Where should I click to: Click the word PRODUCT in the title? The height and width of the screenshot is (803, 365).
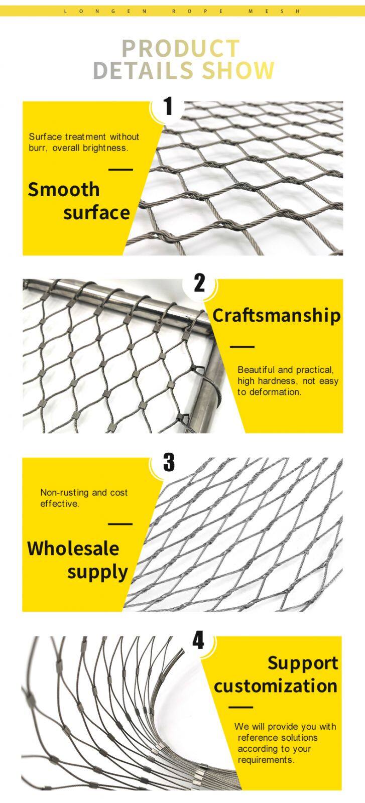pos(181,49)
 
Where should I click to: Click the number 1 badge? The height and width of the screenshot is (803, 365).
pos(168,106)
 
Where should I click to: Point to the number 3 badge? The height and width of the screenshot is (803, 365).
pos(169,462)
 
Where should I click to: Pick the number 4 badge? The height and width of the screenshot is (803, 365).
pos(199,641)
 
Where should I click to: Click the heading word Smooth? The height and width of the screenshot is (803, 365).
pos(64,190)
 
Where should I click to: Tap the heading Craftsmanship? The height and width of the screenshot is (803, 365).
pos(276,316)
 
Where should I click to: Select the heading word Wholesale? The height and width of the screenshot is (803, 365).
pos(73,548)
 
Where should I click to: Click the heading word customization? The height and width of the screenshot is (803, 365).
pos(276,686)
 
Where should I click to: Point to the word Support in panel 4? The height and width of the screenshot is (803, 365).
pos(303,662)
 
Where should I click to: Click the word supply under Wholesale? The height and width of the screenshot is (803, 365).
pos(98,572)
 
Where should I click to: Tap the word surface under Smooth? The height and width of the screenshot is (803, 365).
pos(97,213)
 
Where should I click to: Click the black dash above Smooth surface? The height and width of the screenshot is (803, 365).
pos(120,169)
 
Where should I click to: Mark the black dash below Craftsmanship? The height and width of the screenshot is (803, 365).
pos(242,347)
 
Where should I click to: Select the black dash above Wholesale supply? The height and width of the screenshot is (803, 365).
pos(120,524)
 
